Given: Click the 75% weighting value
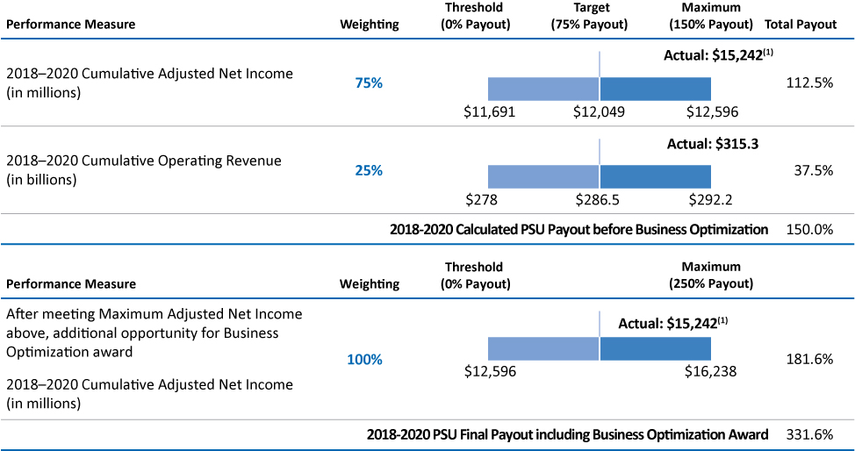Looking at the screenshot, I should (x=369, y=83).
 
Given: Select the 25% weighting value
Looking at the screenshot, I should (x=369, y=170).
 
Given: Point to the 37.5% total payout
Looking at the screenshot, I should (x=813, y=170).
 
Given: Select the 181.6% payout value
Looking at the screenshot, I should (x=810, y=359).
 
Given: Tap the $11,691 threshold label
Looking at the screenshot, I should (x=489, y=111).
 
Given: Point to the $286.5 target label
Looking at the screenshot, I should (x=597, y=199).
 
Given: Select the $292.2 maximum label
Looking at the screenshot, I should (x=713, y=199).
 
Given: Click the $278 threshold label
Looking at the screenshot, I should (x=484, y=199).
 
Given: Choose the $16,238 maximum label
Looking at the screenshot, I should (x=710, y=371).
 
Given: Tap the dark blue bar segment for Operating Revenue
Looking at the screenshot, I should (x=655, y=176).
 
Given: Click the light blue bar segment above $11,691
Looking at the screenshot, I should (x=542, y=89).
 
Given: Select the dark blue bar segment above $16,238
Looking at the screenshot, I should (x=655, y=348).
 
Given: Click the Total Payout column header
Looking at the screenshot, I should (x=801, y=25).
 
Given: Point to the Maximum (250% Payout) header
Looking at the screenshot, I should (x=711, y=276).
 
